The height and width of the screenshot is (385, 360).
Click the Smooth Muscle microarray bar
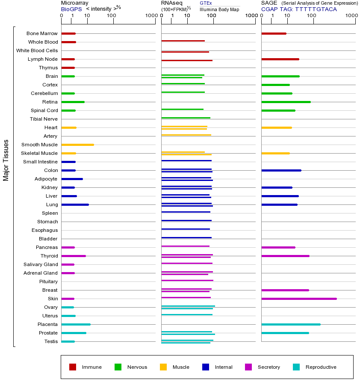77,145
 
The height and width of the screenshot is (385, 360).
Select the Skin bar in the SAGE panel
299,299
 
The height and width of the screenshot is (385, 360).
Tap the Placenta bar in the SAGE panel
291,324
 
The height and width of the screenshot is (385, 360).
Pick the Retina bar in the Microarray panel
73,102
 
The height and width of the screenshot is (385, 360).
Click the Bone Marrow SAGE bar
274,33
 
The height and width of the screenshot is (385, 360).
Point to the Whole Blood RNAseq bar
183,41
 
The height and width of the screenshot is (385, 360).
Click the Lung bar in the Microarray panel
75,204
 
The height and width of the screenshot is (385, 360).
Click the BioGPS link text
71,9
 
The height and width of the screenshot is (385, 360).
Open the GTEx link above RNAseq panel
206,3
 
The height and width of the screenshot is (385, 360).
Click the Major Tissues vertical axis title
6,160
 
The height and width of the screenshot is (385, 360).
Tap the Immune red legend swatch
73,367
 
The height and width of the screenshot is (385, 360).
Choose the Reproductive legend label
321,367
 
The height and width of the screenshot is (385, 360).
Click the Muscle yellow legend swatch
163,367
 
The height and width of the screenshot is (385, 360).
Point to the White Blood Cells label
37,50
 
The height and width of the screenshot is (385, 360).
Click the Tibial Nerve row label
44,119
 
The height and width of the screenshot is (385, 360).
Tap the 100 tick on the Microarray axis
112,16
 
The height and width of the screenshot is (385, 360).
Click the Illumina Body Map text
219,9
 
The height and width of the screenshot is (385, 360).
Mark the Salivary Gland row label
41,264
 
